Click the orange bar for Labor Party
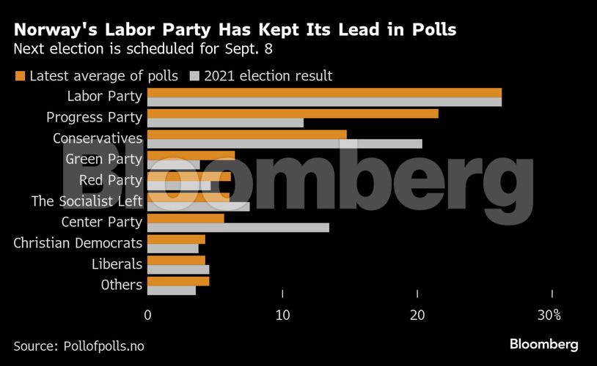(324, 92)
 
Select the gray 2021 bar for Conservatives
(285, 143)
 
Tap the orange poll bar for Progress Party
(293, 113)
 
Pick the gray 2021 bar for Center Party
(238, 228)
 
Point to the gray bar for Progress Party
(225, 123)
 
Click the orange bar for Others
(178, 281)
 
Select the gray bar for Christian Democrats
(173, 248)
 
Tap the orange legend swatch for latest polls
(20, 75)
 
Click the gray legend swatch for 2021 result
(195, 75)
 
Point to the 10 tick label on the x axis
(283, 315)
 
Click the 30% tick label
(549, 315)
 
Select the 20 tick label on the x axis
(417, 315)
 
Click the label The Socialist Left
(87, 201)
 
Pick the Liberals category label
(117, 264)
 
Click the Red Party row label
(110, 180)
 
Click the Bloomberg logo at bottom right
(543, 344)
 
